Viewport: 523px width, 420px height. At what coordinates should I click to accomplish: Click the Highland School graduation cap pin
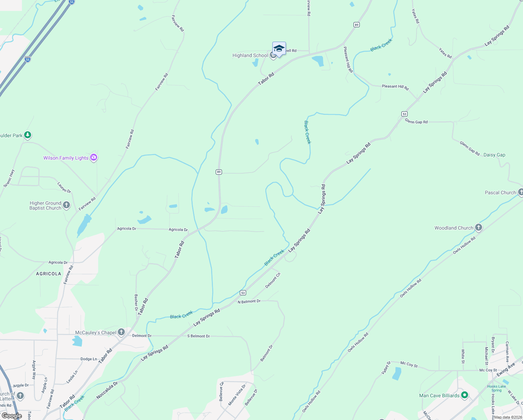[279, 49]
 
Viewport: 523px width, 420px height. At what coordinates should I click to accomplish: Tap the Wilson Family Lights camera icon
[93, 157]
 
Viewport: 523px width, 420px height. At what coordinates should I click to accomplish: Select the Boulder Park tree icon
[28, 135]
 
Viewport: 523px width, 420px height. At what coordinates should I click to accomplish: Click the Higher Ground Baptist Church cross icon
[66, 205]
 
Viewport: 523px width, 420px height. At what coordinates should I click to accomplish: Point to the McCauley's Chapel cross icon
[121, 332]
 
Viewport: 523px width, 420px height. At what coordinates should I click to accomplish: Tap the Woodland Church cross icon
[478, 227]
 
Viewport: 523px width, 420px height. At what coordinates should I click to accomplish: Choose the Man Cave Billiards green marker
[464, 395]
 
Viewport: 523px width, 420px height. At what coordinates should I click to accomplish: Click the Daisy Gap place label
[494, 155]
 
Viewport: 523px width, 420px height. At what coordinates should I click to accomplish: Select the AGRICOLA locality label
[49, 274]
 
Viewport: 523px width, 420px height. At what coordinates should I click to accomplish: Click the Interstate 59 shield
[28, 59]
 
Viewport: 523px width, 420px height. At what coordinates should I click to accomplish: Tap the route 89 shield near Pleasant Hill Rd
[356, 24]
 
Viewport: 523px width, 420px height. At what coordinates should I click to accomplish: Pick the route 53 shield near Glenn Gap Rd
[404, 114]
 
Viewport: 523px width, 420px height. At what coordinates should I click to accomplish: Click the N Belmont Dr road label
[249, 301]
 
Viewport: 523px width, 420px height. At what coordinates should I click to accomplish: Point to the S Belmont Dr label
[198, 336]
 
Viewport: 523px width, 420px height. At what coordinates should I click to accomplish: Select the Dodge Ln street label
[88, 359]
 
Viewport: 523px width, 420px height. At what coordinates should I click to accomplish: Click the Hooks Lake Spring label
[496, 388]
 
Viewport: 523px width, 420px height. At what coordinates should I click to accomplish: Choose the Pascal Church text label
[500, 192]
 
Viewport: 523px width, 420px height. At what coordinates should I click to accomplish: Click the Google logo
[12, 416]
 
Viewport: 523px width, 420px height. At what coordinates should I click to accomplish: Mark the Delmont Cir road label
[273, 280]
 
